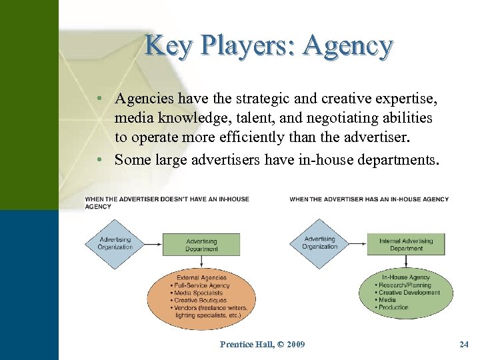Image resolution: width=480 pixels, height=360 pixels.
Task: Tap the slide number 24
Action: (464, 344)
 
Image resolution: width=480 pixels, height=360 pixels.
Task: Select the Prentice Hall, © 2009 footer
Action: (263, 344)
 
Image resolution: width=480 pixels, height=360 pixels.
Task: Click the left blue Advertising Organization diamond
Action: (115, 243)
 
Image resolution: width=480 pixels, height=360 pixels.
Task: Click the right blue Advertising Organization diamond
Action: (320, 243)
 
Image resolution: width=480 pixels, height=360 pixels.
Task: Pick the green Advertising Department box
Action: (201, 245)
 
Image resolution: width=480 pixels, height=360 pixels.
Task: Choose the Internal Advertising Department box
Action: (406, 245)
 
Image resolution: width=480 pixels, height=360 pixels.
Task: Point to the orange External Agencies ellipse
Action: (202, 296)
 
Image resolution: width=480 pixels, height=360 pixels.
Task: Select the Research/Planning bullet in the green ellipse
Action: (406, 285)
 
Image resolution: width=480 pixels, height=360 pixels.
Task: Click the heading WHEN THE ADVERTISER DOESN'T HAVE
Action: (147, 199)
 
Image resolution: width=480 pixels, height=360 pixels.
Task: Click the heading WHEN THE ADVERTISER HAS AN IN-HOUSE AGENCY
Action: (369, 199)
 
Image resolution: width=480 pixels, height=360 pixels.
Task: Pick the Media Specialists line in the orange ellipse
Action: (198, 293)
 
